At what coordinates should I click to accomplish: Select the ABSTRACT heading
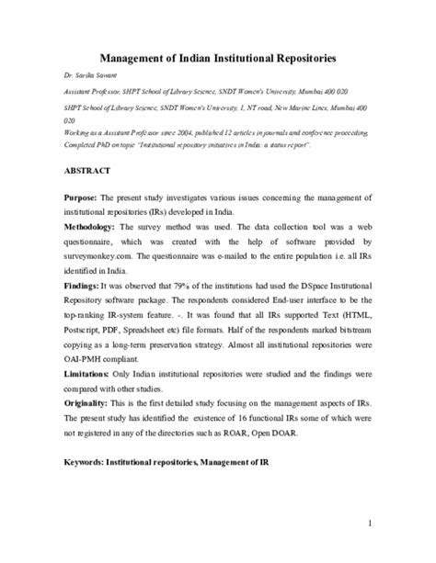coord(87,172)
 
